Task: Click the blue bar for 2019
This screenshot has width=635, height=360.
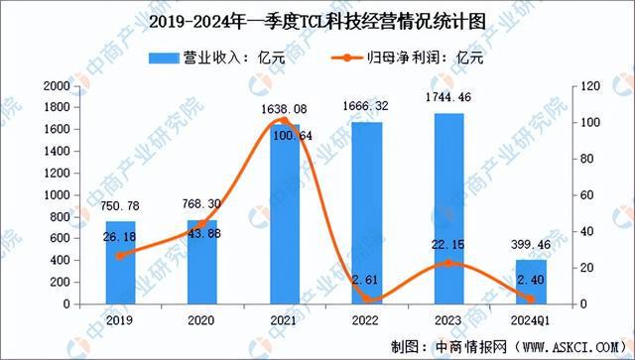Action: coord(120,263)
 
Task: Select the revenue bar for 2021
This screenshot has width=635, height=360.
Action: coord(284,214)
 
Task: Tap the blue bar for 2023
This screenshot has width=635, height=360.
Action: coord(448,208)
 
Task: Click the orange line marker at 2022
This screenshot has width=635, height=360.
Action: coord(366,299)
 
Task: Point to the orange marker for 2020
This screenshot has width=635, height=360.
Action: coord(202,224)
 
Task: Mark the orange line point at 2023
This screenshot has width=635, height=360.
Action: coord(448,263)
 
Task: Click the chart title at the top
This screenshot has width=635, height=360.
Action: coord(317,21)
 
